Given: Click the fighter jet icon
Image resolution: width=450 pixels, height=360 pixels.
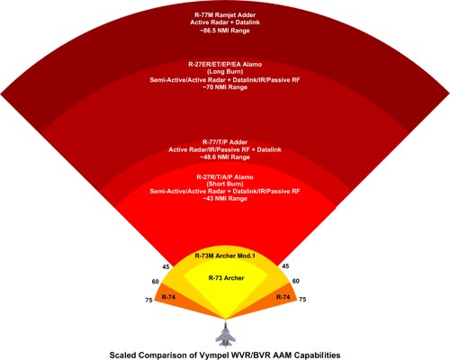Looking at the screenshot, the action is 226,334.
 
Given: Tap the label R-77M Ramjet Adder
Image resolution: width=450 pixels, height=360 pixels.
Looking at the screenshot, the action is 225,14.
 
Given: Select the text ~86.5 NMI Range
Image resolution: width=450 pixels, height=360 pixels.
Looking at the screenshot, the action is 225,31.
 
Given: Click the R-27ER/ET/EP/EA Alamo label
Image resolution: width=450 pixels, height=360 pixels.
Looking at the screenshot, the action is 225,64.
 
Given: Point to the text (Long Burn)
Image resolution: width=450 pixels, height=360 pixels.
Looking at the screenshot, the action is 225,72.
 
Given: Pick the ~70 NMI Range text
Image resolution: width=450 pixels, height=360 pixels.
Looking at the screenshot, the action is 225,87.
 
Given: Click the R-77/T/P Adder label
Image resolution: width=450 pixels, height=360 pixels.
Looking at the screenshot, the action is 225,142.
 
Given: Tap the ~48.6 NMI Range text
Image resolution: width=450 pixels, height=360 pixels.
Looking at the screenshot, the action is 225,157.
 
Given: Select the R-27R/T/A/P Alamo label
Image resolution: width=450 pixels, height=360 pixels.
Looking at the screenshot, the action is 225,177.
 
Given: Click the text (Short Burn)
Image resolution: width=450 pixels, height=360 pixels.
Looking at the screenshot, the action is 225,184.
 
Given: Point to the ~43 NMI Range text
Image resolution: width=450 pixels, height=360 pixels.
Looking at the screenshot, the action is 225,199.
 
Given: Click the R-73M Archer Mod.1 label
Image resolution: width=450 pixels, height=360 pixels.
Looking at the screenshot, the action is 225,256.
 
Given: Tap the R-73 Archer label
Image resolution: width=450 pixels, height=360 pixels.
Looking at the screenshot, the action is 226,278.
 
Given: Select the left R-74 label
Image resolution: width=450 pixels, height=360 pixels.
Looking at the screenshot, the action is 168,297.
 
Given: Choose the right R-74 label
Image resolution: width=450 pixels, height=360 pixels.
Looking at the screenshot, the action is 283,297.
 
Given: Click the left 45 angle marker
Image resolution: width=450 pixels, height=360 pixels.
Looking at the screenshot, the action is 166,266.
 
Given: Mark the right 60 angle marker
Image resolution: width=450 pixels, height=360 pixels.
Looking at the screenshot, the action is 295,281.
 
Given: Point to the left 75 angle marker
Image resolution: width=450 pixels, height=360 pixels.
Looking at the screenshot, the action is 148,300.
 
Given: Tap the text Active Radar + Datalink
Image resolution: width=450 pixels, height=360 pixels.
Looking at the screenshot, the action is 225,22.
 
